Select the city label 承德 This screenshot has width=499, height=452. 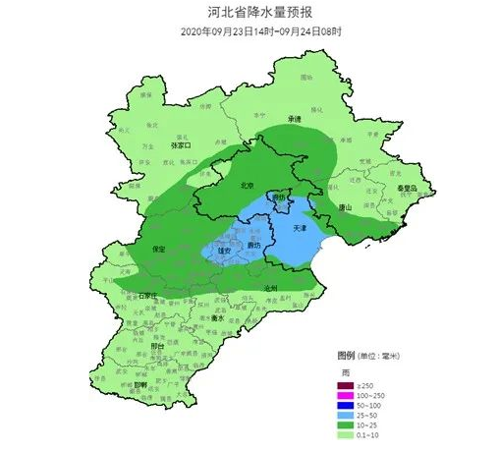pos(294,119)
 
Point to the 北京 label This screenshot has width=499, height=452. pos(249,185)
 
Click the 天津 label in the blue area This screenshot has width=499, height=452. pos(301,227)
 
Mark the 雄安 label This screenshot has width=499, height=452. pos(224,252)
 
